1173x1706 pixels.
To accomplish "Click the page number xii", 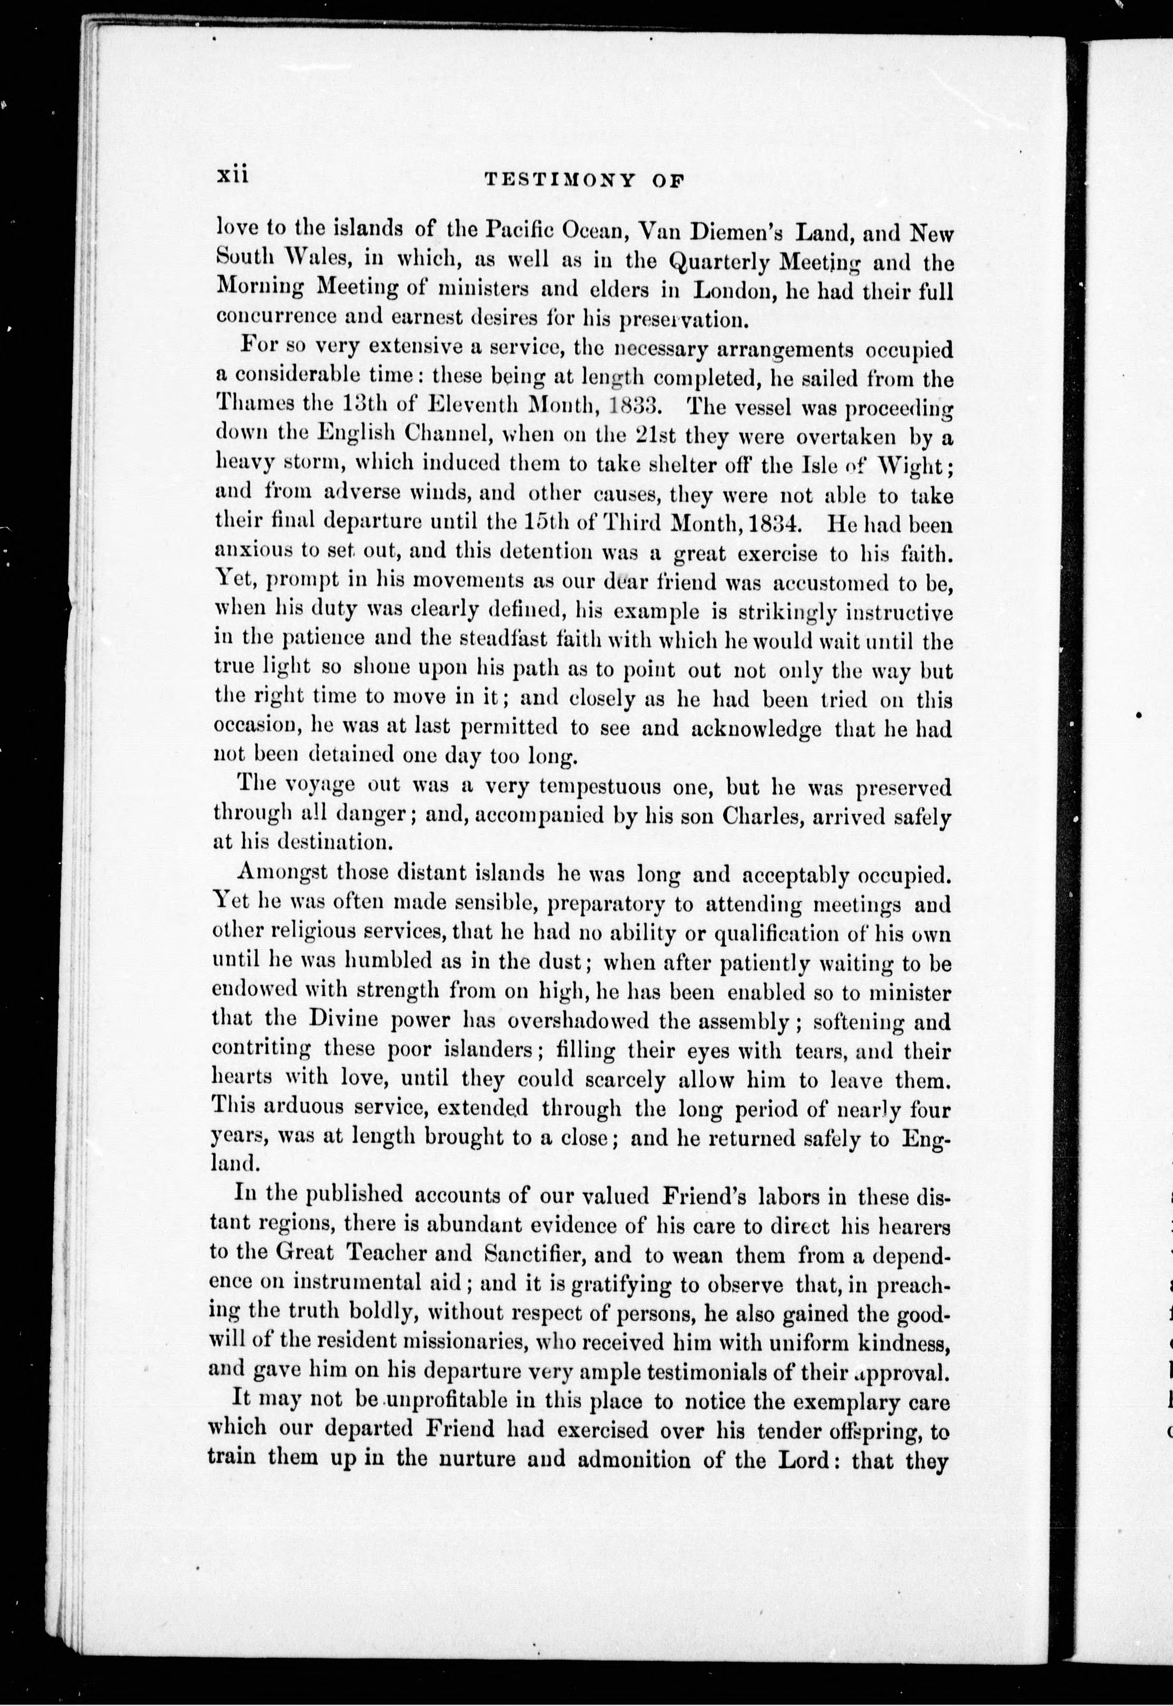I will (234, 177).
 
